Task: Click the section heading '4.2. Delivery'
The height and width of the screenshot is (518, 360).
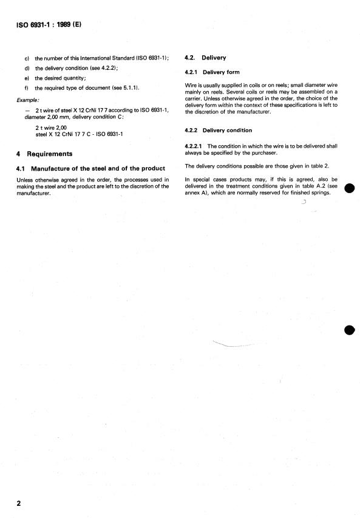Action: pos(205,58)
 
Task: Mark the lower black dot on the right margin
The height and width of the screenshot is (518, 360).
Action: pos(348,330)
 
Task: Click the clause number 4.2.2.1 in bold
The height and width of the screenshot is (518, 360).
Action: pos(195,146)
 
